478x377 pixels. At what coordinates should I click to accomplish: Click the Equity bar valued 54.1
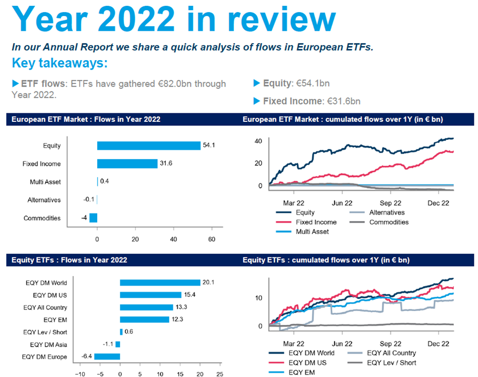tap(148, 146)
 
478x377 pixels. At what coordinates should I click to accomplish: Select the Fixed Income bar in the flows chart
tap(127, 164)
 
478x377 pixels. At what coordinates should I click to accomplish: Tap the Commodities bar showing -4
tap(93, 218)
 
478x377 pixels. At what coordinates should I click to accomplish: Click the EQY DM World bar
tap(160, 283)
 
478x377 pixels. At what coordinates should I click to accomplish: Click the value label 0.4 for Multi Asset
tap(105, 182)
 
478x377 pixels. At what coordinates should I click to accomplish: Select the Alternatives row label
tap(44, 200)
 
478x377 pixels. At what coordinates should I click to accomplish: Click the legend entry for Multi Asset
tap(313, 231)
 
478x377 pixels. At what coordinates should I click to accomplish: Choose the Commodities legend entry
tap(389, 222)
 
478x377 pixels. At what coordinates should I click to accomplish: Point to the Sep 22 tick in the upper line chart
tap(390, 203)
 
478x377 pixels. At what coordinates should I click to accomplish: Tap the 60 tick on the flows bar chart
tap(212, 239)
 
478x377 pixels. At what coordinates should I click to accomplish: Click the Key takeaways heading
tap(60, 63)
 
